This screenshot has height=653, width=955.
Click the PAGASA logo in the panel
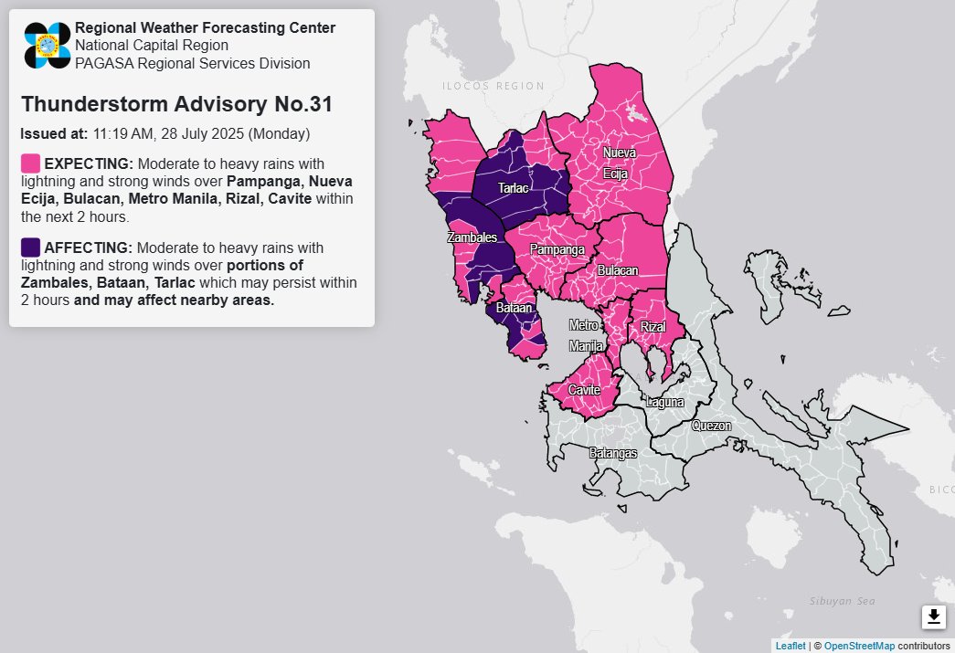point(48,45)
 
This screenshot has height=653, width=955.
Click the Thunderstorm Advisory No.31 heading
point(176,104)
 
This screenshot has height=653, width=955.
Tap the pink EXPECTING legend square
point(30,163)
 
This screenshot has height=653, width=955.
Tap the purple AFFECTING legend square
point(30,248)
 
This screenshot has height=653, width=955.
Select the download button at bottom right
point(933,617)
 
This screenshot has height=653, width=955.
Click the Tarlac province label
point(513,188)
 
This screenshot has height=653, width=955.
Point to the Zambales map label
point(471,237)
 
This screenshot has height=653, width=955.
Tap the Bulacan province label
point(618,271)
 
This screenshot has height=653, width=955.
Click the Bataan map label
point(513,310)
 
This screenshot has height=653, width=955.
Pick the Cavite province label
point(584,390)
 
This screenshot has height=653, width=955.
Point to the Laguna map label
point(664,402)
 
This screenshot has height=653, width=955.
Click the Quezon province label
point(712,426)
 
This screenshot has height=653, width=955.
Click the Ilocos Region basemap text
point(493,87)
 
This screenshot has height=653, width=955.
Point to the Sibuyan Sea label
point(842,601)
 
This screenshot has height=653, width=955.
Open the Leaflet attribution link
point(791,646)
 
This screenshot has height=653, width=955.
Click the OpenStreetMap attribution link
point(859,646)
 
